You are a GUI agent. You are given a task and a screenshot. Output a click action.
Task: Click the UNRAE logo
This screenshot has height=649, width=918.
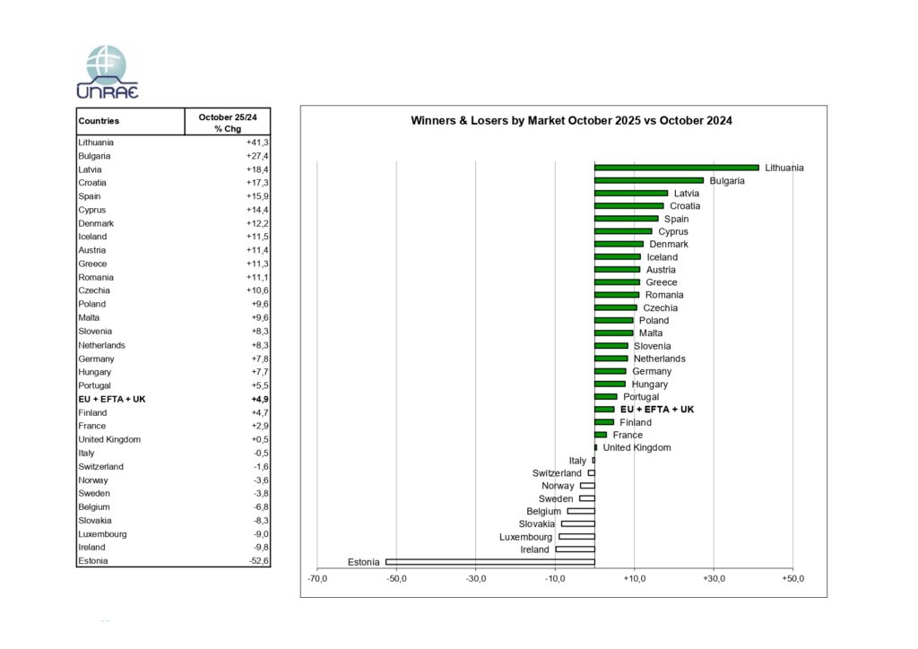[108, 72]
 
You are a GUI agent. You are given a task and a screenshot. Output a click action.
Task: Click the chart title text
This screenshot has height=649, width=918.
[571, 120]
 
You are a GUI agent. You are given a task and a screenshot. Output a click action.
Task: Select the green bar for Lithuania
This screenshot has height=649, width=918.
[676, 168]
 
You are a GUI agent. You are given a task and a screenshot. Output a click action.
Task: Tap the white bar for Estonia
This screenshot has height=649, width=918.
[489, 562]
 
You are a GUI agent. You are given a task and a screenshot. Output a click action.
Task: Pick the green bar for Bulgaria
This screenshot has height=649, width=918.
[649, 180]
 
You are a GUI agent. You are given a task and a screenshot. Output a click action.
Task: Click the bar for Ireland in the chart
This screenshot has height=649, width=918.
[575, 549]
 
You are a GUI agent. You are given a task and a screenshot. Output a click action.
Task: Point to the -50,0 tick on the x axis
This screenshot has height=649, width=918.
[396, 578]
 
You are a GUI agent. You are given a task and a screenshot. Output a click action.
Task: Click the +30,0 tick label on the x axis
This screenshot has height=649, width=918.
[714, 578]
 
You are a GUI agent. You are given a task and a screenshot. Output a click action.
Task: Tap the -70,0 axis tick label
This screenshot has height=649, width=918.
[317, 578]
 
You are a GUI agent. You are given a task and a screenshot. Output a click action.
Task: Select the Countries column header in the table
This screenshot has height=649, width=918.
[99, 121]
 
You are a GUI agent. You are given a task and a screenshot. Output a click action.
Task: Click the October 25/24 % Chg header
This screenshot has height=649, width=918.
[228, 122]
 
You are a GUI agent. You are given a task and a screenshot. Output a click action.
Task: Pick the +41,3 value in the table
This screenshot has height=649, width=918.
[257, 143]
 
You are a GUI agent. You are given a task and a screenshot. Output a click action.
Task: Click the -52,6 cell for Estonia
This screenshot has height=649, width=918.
[258, 561]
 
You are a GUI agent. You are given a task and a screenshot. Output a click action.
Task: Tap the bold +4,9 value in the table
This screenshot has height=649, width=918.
[258, 399]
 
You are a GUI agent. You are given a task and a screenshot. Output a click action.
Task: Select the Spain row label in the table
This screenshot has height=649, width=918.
[90, 196]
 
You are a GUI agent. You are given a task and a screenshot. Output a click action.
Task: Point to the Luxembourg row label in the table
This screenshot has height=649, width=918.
[102, 534]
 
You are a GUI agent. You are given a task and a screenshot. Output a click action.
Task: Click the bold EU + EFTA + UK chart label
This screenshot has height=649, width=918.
[657, 410]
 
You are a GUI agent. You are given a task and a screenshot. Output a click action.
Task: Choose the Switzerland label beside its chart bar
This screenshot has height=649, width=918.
[557, 473]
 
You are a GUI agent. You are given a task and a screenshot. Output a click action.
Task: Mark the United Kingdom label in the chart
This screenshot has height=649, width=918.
[637, 447]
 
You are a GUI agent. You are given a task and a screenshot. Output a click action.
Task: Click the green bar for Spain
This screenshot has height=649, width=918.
[626, 219]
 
